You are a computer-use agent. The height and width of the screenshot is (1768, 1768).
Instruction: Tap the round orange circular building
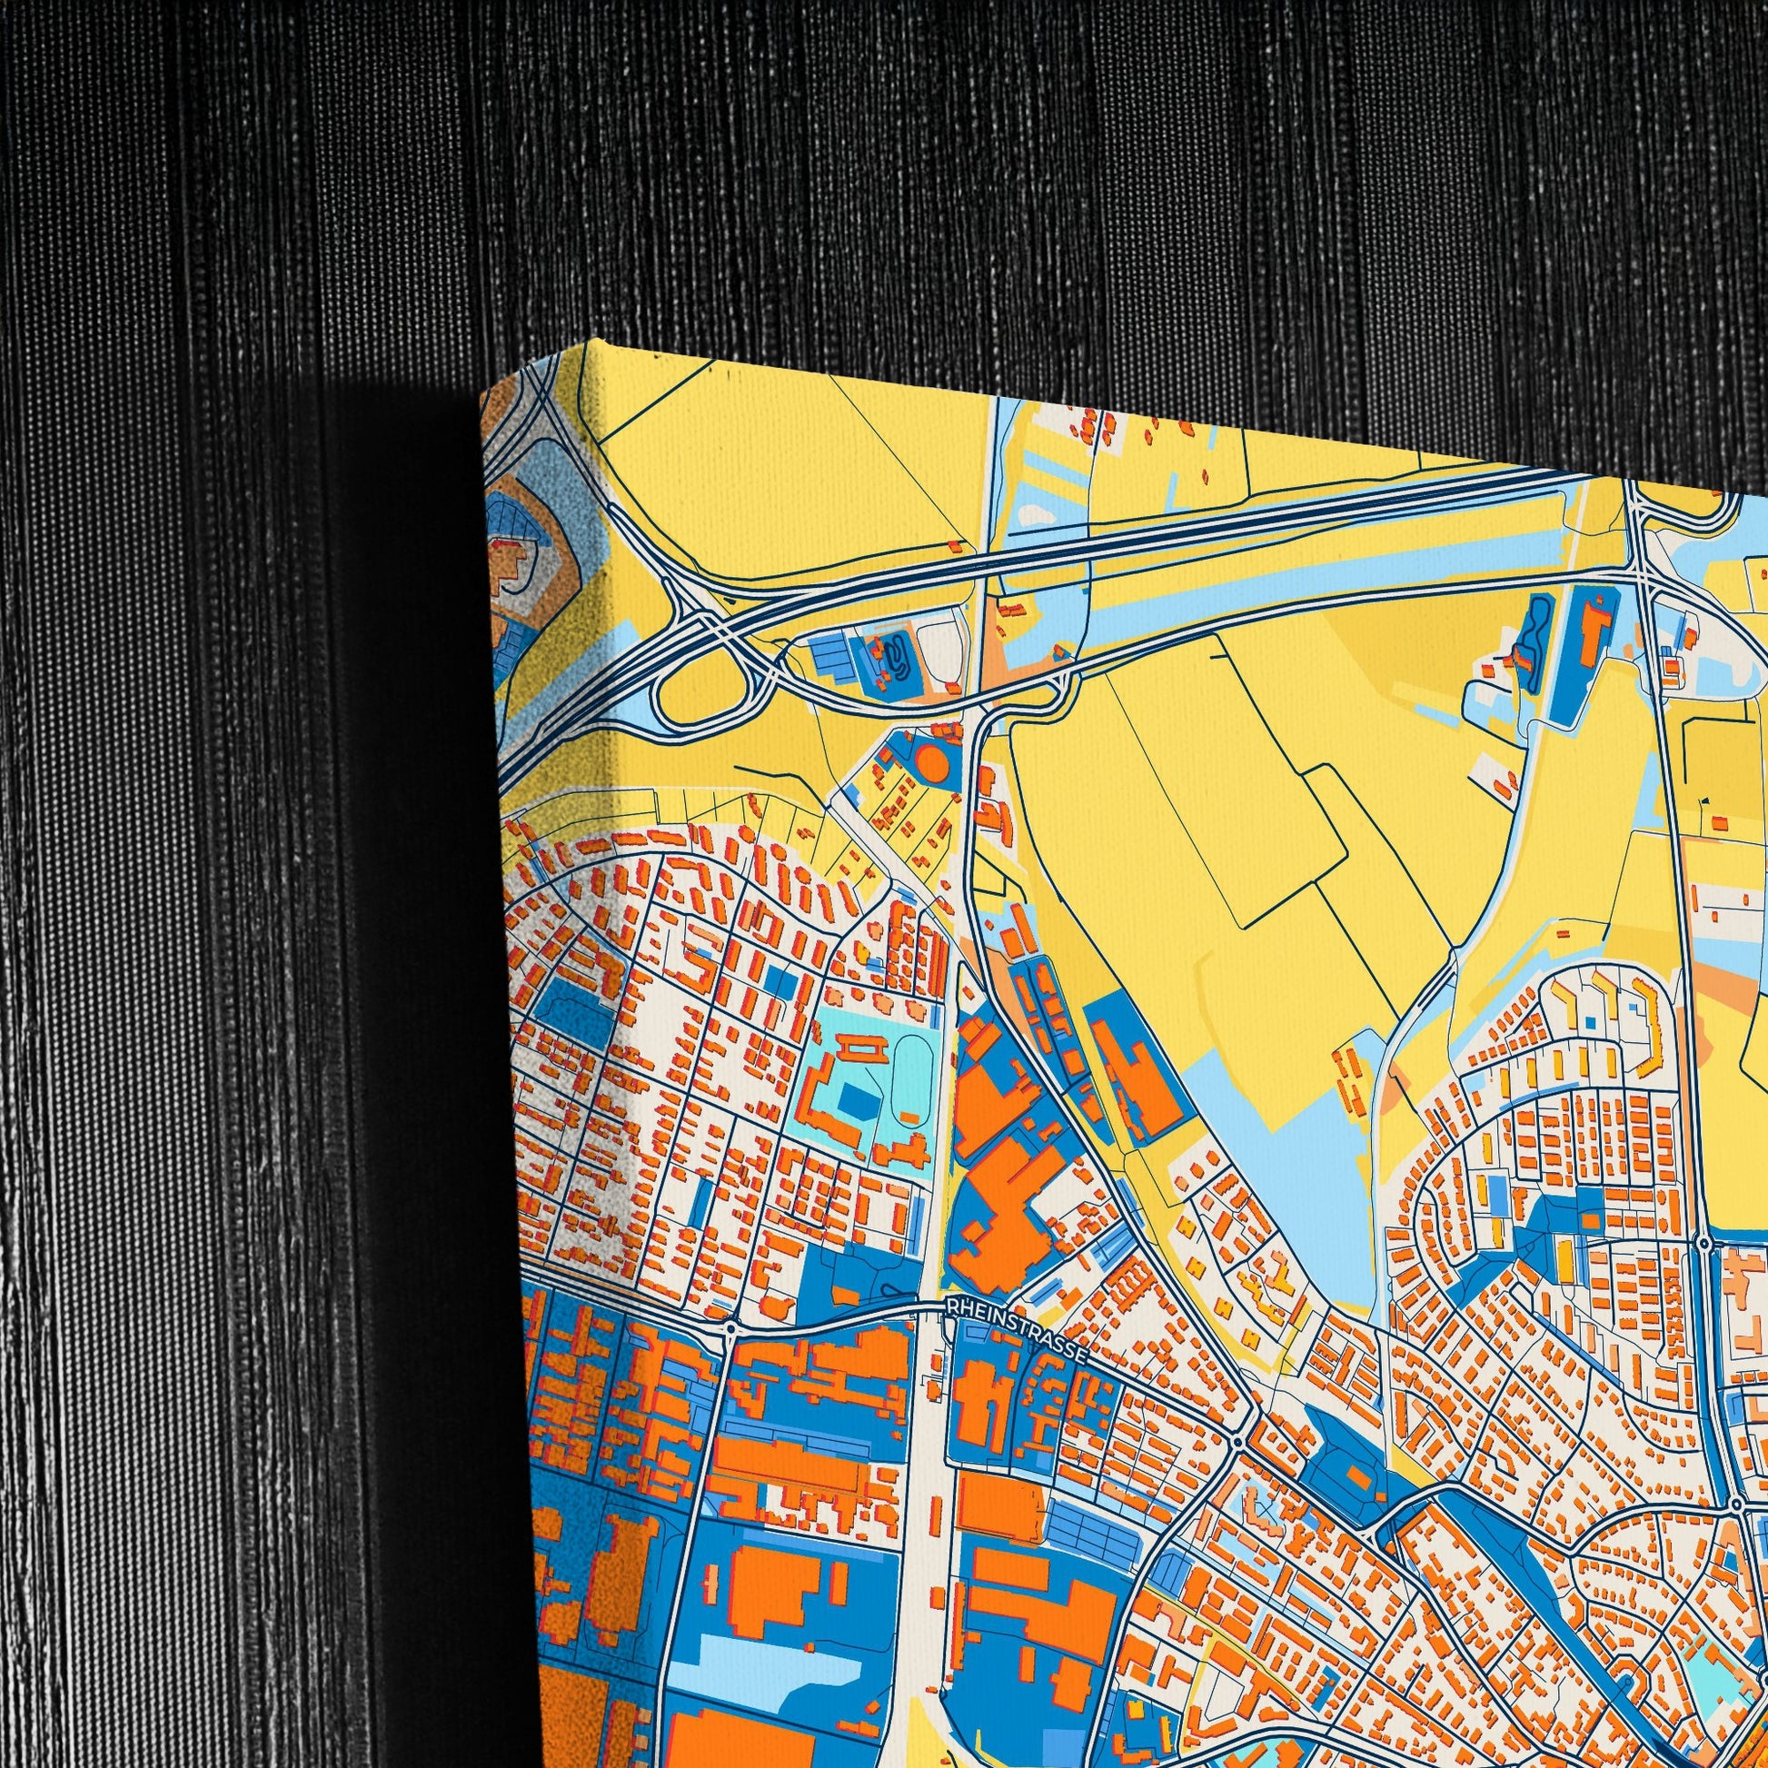click(931, 761)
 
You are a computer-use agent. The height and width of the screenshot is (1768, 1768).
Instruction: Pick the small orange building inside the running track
click(909, 1117)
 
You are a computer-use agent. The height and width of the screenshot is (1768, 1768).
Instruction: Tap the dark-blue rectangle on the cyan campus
click(857, 1100)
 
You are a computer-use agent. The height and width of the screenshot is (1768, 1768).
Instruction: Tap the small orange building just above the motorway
click(956, 545)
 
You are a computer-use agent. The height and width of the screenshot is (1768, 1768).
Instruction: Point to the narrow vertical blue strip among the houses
click(701, 1204)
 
